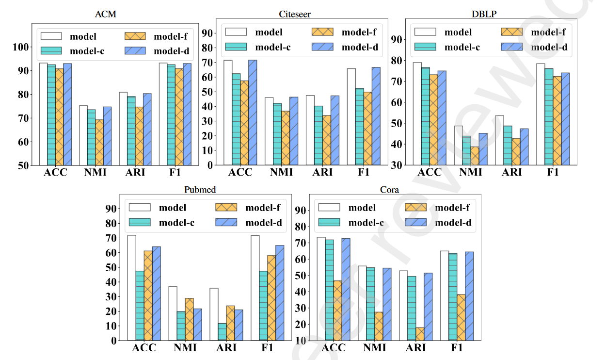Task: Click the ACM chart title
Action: [105, 14]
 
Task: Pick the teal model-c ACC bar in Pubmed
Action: [140, 306]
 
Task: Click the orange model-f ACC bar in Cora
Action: [337, 311]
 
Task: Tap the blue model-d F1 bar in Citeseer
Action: [375, 116]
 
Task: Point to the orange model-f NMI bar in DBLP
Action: [474, 156]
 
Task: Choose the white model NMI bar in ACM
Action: [83, 135]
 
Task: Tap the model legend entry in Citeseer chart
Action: [255, 33]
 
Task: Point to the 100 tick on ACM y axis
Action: [21, 47]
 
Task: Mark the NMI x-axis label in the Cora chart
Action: [374, 348]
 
